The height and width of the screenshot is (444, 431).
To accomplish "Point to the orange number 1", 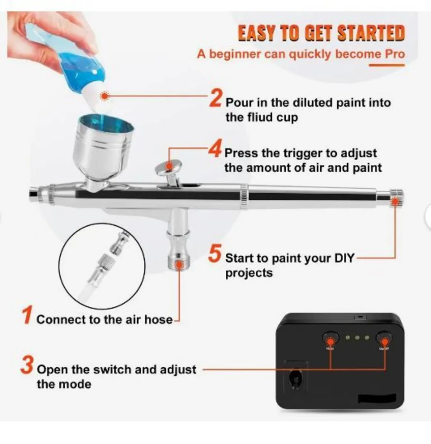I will pyautogui.click(x=27, y=316).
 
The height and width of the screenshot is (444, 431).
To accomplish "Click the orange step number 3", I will pyautogui.click(x=27, y=365).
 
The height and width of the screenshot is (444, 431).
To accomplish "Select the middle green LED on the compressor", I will pyautogui.click(x=357, y=337).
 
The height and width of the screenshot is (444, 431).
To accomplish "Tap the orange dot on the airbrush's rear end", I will pyautogui.click(x=395, y=201).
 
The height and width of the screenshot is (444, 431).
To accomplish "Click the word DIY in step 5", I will pyautogui.click(x=344, y=258).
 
